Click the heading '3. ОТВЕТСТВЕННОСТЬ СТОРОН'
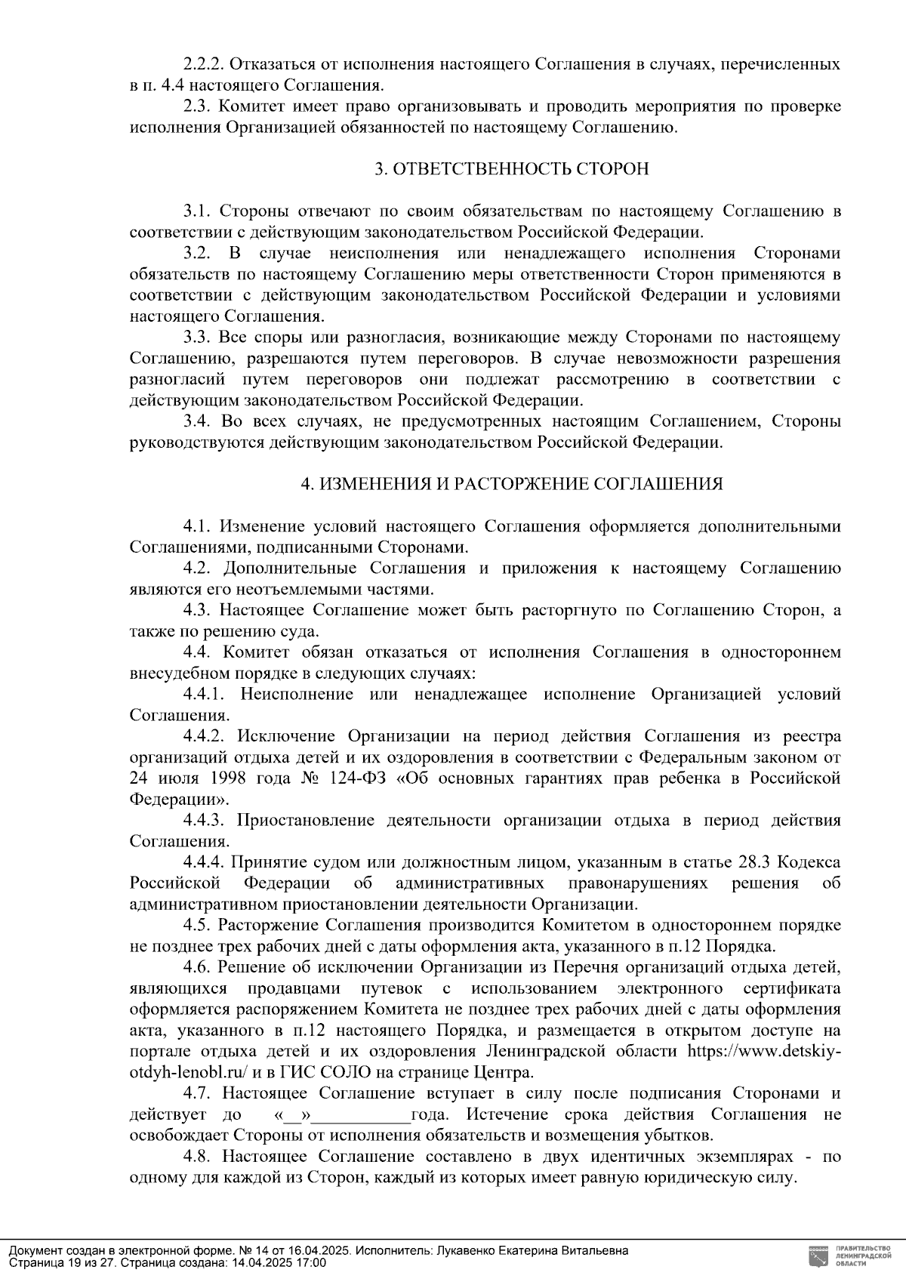[512, 169]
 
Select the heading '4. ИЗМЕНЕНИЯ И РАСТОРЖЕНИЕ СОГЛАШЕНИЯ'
[512, 484]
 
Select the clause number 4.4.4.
[204, 862]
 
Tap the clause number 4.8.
[198, 1157]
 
